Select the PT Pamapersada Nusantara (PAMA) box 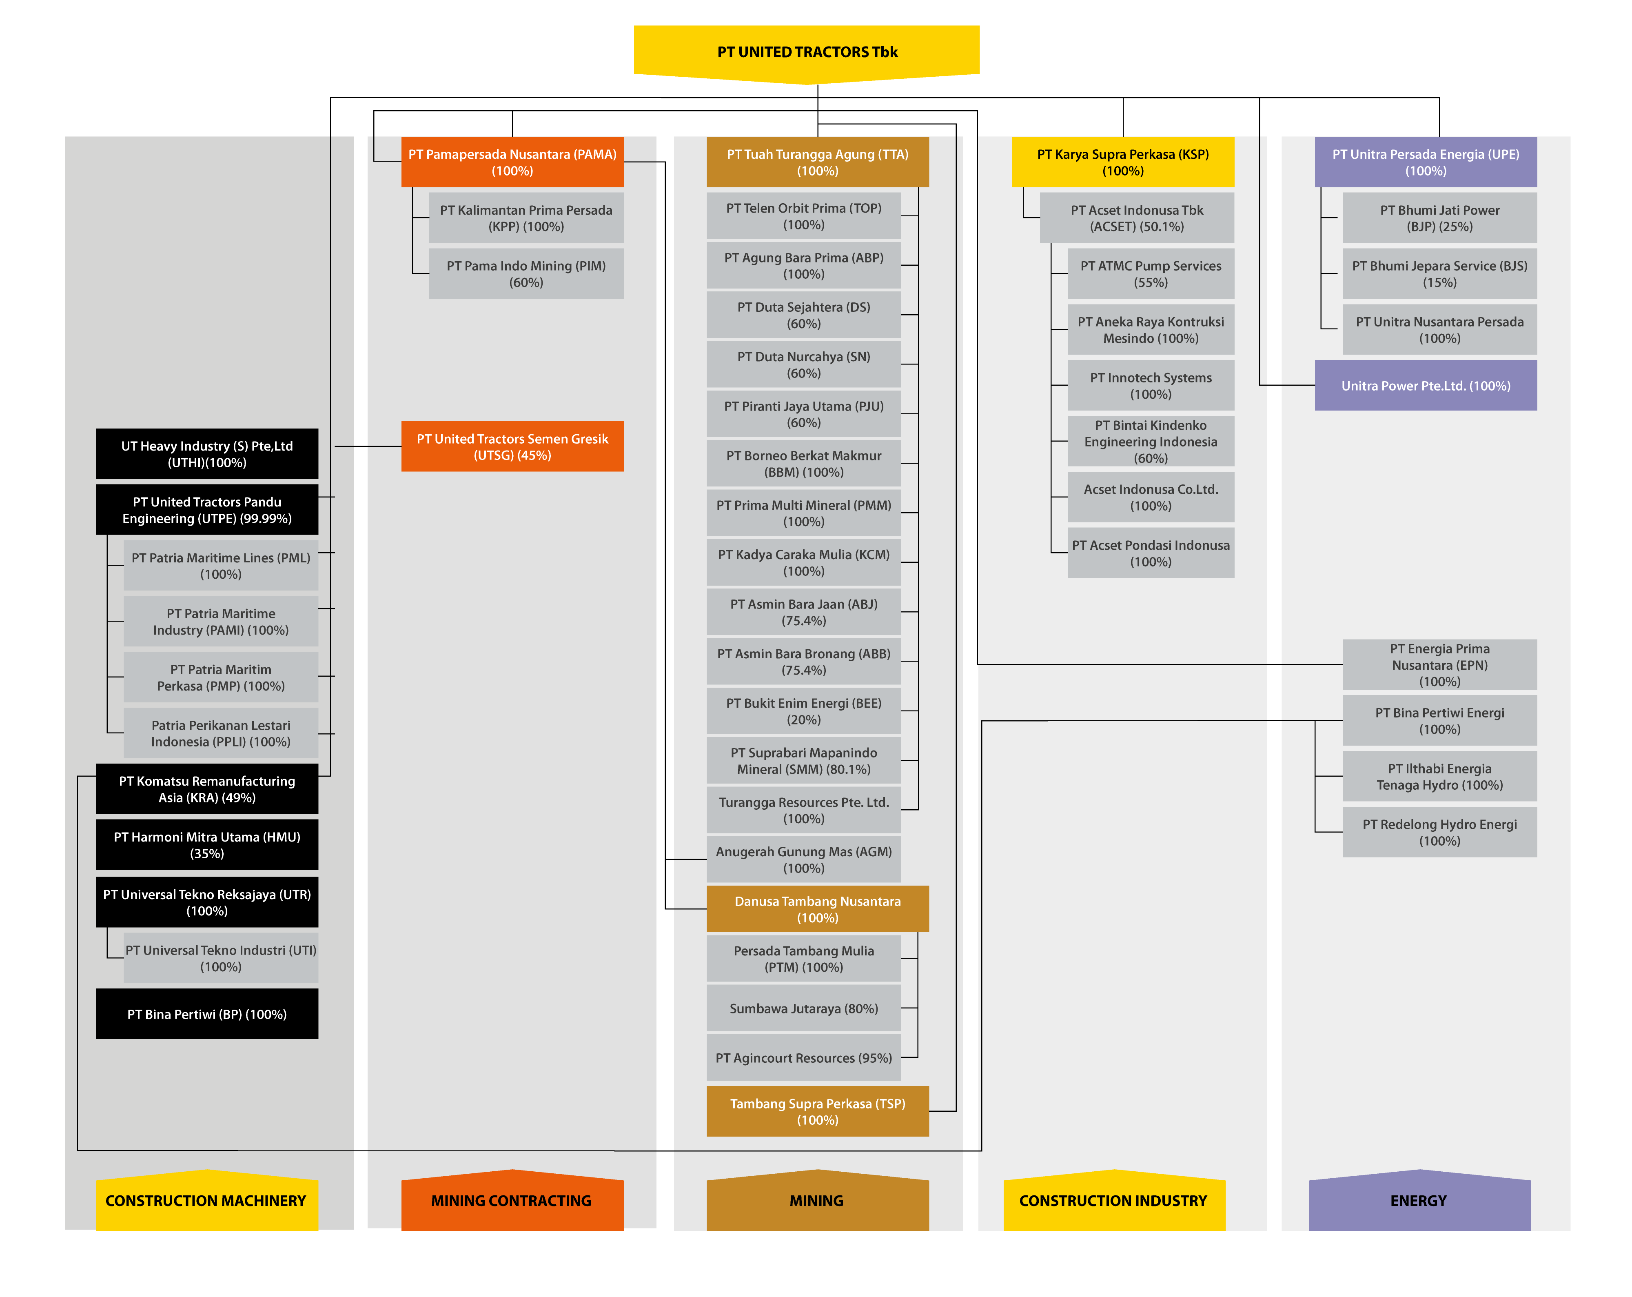tap(512, 162)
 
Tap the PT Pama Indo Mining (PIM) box tap(526, 273)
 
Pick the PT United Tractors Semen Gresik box tap(512, 447)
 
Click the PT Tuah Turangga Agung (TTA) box tap(818, 162)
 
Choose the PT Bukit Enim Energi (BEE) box tap(804, 711)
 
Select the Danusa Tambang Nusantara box tap(818, 908)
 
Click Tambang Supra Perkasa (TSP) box tap(818, 1111)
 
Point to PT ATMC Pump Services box tap(1151, 273)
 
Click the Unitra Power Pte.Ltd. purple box tap(1426, 385)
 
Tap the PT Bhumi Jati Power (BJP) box tap(1440, 218)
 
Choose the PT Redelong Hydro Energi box tap(1440, 832)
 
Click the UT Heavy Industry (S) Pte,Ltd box tap(206, 454)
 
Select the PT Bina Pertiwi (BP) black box tap(206, 1014)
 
